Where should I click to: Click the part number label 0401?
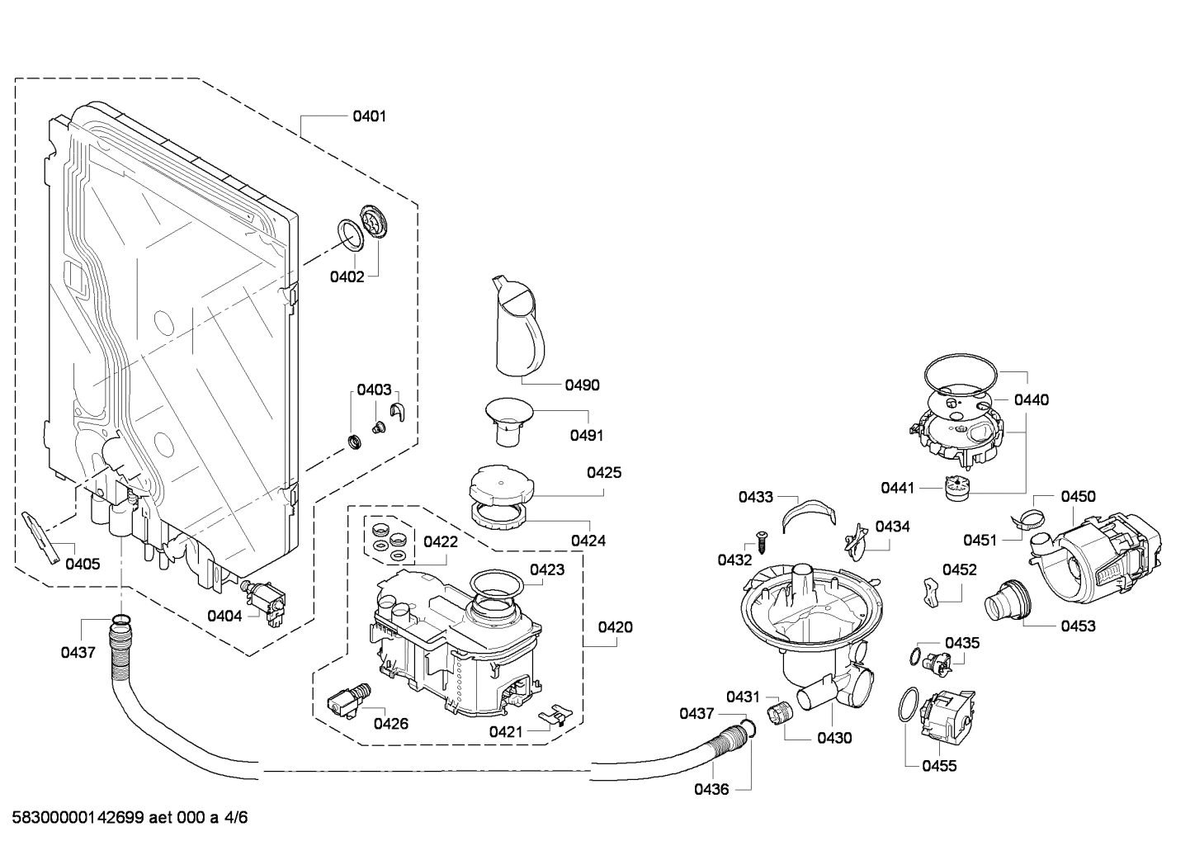coord(369,116)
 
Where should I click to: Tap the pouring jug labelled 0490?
coord(516,326)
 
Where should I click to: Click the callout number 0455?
coord(940,766)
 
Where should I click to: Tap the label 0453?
coord(1078,626)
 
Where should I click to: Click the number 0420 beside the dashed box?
coord(616,627)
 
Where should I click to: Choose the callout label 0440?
coord(1032,400)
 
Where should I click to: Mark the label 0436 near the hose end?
coord(711,789)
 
